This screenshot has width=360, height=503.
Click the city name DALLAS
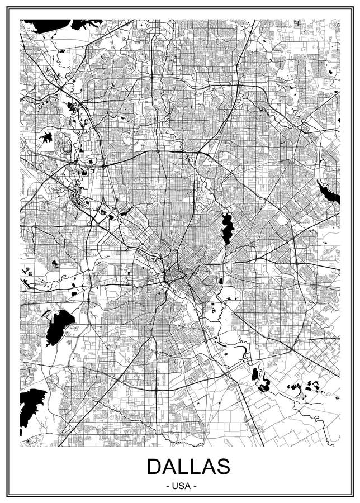pyautogui.click(x=188, y=466)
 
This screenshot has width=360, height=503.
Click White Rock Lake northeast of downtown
pyautogui.click(x=227, y=227)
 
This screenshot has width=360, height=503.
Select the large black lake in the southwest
pyautogui.click(x=59, y=326)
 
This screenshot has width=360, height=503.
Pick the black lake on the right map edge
pyautogui.click(x=330, y=193)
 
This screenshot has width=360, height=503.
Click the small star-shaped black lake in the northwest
pyautogui.click(x=46, y=136)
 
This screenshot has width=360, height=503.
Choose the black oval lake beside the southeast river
pyautogui.click(x=255, y=373)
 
